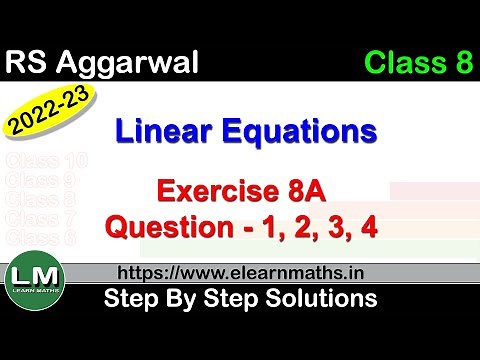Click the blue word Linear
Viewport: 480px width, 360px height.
[169, 131]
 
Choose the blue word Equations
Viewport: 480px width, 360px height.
[304, 131]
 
